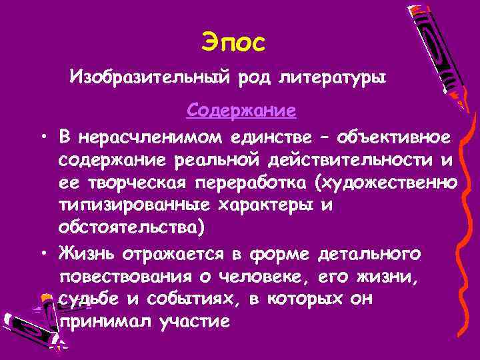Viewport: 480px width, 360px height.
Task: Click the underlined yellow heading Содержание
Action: pyautogui.click(x=241, y=109)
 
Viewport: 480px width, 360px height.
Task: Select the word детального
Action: pyautogui.click(x=369, y=254)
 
